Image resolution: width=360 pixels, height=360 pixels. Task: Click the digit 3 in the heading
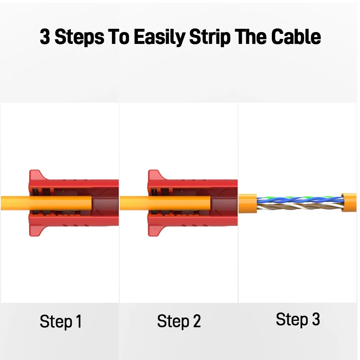pos(45,37)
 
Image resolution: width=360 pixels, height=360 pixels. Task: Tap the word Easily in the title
pos(159,37)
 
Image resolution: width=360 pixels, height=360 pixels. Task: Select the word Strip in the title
pos(210,37)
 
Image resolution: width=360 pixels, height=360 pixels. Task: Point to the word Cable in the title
pos(296,37)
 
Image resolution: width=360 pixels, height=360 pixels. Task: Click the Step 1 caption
pos(61,321)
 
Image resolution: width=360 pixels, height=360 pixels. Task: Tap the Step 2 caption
pos(179,321)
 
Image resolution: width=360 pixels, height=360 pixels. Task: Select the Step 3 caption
pos(298,320)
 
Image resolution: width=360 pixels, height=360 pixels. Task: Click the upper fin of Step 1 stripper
pos(37,176)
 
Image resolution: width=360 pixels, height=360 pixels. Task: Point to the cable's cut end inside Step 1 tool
pos(91,203)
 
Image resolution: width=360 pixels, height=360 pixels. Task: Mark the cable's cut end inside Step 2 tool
pos(210,203)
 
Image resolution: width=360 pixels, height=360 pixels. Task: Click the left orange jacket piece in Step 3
pos(248,203)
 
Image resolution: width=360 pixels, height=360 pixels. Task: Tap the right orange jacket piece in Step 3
pos(349,202)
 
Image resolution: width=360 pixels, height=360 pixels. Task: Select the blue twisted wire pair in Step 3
pos(300,200)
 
